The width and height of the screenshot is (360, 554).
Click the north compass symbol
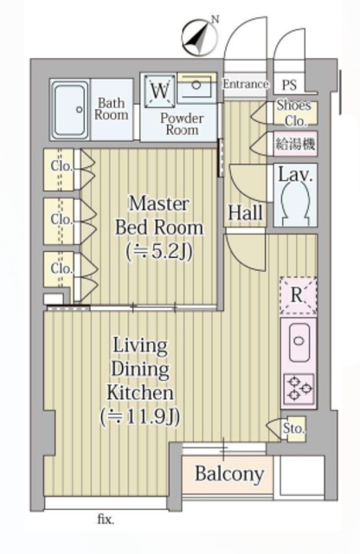199,36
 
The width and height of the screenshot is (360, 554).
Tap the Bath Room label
112,109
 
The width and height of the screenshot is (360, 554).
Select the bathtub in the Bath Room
70,110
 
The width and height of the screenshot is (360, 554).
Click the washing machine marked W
160,90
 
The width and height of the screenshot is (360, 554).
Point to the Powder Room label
182,124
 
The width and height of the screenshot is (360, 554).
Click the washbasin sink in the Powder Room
196,86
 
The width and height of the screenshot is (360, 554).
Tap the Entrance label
245,84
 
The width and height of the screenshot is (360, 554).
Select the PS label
289,85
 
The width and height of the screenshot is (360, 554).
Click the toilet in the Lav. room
295,203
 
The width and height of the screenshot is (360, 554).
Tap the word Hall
246,213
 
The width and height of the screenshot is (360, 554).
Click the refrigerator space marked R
299,295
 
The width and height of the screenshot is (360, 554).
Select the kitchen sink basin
299,342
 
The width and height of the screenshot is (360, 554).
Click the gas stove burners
299,389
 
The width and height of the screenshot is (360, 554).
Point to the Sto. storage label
293,428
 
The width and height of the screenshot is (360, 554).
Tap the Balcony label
229,474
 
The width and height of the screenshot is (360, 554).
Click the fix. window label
106,519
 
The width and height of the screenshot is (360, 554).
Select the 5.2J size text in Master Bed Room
159,252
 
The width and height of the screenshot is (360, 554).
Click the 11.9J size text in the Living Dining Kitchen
140,417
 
